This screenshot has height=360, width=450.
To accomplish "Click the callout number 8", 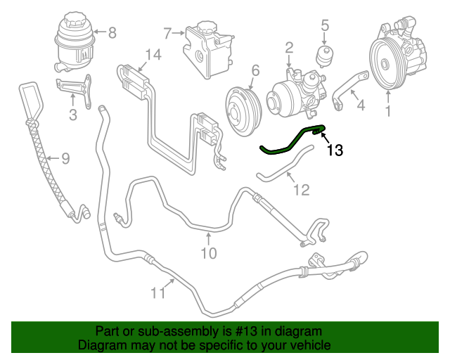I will [x=112, y=32].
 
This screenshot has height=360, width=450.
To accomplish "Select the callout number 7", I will [x=167, y=32].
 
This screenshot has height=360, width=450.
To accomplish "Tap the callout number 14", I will [x=153, y=54].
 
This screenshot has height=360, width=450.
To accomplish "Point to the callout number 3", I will [x=72, y=115].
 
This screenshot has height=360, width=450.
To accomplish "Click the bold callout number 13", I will [x=335, y=150].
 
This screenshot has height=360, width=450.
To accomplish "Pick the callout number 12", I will [x=300, y=189].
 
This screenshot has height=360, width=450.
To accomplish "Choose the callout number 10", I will [x=209, y=252].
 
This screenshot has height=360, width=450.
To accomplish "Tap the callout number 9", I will [x=65, y=159].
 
